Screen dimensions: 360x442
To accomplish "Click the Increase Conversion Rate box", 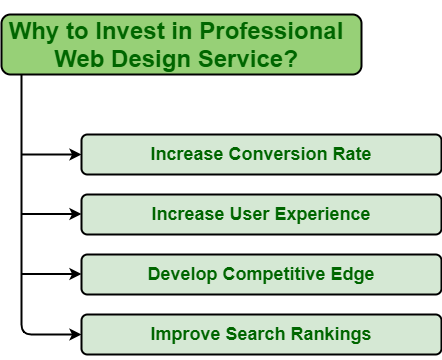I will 260,154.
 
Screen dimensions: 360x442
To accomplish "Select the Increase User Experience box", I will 260,214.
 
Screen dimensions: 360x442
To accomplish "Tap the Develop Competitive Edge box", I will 260,274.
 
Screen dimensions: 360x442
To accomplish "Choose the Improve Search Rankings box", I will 260,334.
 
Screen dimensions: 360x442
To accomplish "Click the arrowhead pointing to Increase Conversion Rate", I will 74,154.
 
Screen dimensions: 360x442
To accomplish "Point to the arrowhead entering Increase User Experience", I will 74,214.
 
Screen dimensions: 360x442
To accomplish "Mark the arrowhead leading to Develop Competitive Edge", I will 74,274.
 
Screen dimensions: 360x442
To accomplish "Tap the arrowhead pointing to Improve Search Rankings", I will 74,334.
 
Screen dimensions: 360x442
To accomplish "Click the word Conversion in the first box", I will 275,154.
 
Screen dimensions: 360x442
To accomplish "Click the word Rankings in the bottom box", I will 331,334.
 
